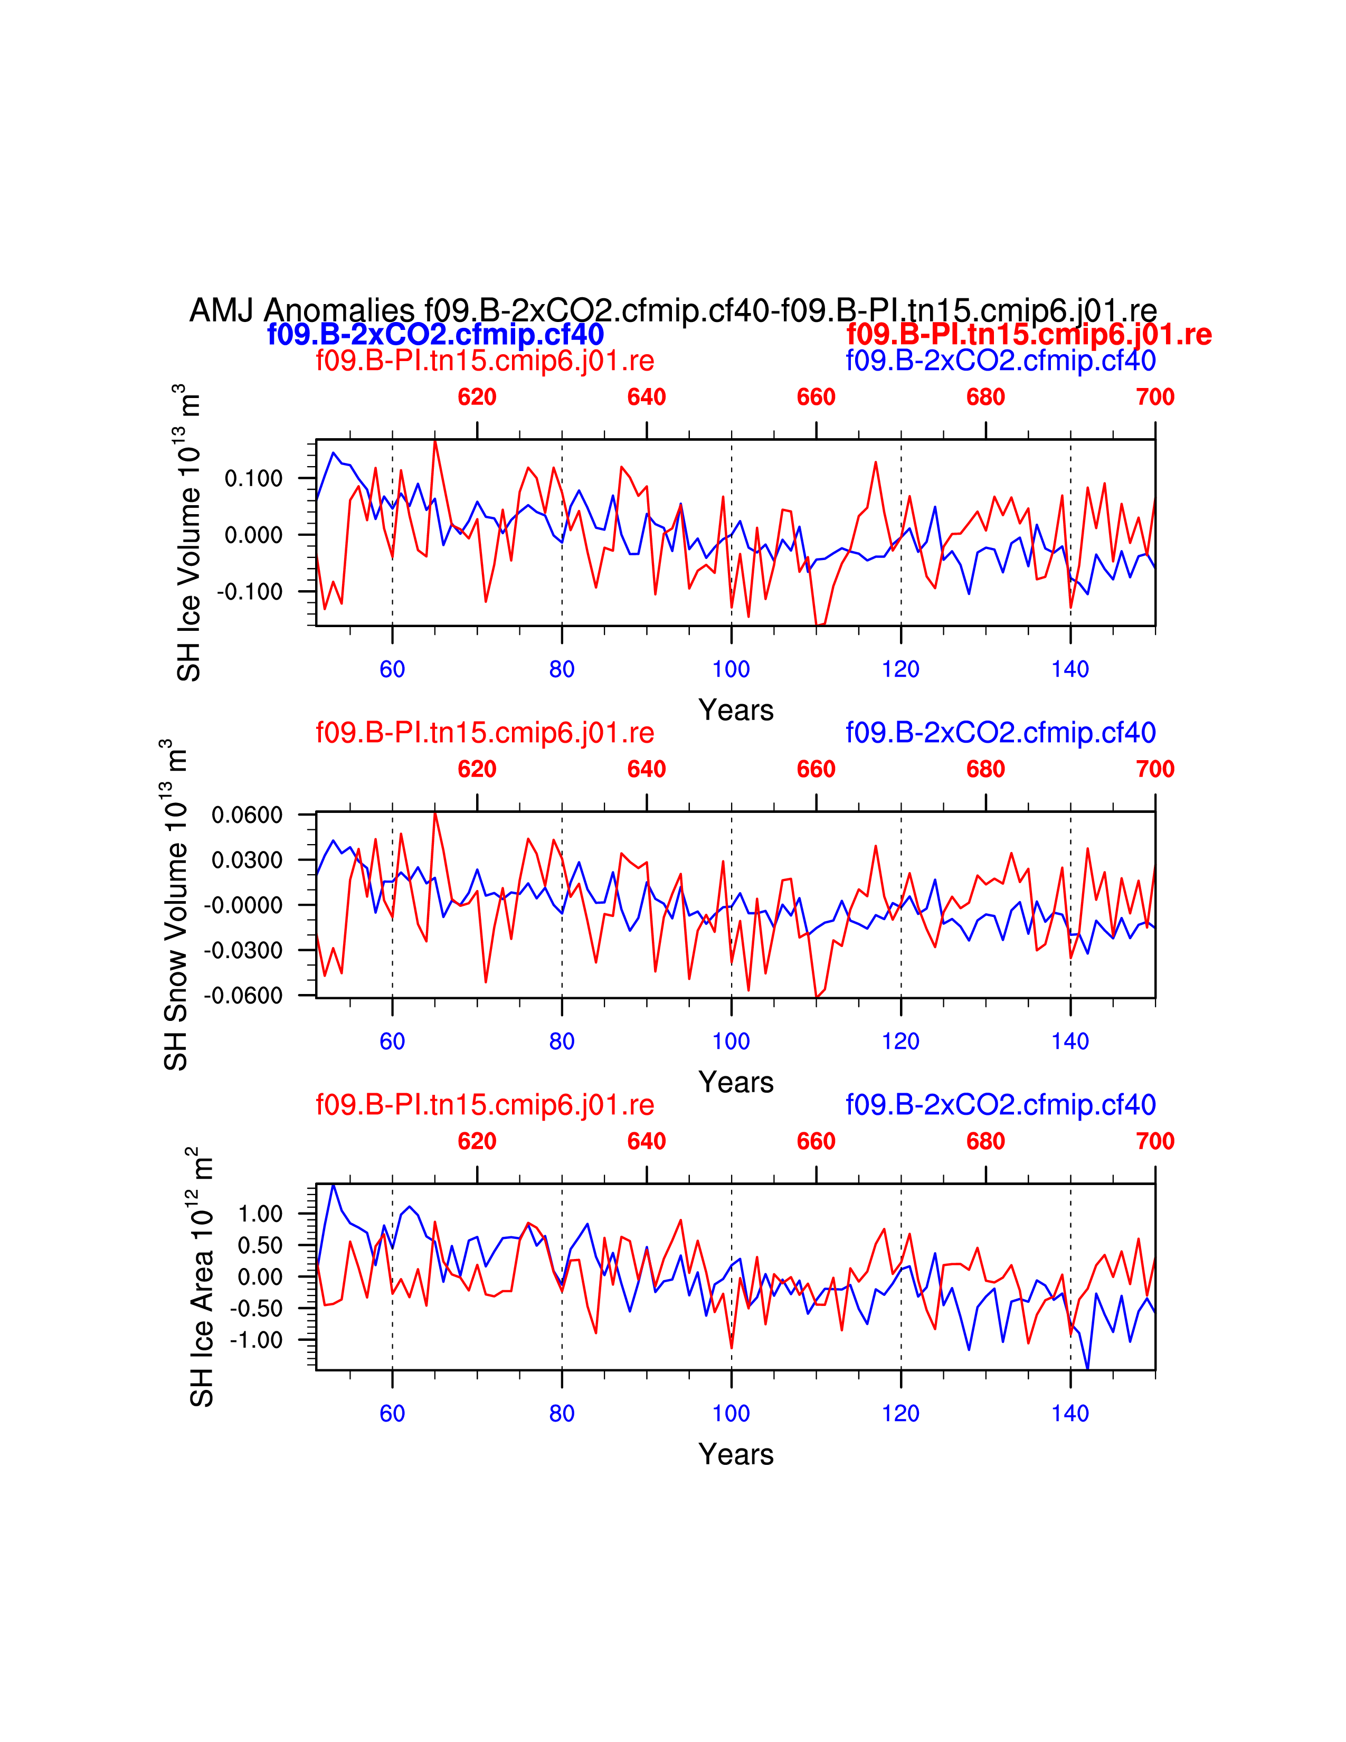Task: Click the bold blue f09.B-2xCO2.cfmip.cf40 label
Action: (435, 334)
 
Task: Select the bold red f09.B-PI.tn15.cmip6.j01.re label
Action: (1029, 334)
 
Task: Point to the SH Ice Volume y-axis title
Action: (189, 533)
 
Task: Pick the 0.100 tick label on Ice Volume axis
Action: (253, 479)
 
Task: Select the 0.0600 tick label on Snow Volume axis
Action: (247, 815)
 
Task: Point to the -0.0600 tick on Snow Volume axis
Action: (243, 996)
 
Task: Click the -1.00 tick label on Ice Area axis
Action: (256, 1340)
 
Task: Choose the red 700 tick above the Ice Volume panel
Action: (1154, 397)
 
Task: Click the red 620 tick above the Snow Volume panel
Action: (477, 769)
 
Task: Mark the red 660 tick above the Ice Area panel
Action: (816, 1141)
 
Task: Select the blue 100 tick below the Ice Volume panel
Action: (731, 669)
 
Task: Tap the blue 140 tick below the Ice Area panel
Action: (1070, 1413)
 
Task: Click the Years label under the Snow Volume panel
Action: (736, 1082)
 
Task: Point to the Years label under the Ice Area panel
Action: (736, 1454)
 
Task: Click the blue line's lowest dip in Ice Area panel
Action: (1088, 1369)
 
